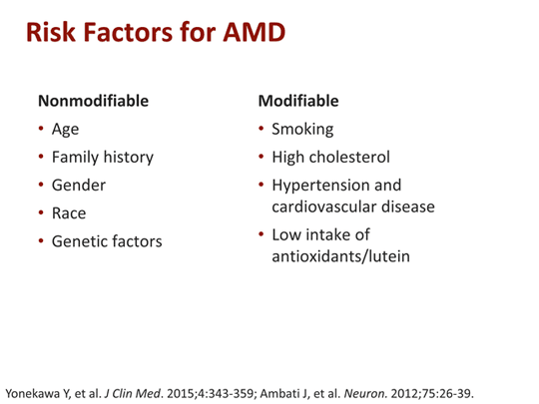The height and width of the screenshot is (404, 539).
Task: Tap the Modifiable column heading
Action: pyautogui.click(x=298, y=101)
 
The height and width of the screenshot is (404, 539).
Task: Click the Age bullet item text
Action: pyautogui.click(x=66, y=129)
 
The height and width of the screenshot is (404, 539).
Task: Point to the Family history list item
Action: pyautogui.click(x=103, y=157)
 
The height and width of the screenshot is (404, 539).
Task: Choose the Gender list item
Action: pyautogui.click(x=79, y=185)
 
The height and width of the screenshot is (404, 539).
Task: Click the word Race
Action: pyautogui.click(x=69, y=212)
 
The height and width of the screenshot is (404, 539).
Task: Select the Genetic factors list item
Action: pyautogui.click(x=107, y=240)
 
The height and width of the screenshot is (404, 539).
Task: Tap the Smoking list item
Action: pyautogui.click(x=302, y=129)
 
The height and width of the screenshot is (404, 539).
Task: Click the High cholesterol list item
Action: pyautogui.click(x=330, y=157)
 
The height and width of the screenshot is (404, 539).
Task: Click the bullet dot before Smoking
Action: pyautogui.click(x=261, y=129)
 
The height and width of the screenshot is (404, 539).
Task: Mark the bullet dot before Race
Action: pyautogui.click(x=41, y=212)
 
